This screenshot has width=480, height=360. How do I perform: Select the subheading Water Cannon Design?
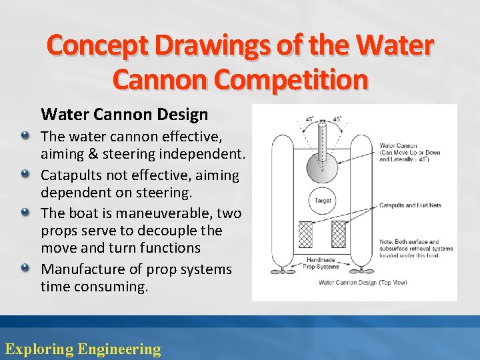(125, 115)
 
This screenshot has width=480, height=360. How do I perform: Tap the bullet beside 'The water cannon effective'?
(25, 136)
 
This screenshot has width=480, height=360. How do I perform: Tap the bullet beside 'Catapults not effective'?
(25, 175)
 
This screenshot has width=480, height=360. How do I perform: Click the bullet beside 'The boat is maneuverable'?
(25, 213)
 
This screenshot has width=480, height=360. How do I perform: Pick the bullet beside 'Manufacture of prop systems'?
(25, 269)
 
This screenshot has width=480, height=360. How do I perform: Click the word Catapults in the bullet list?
(72, 175)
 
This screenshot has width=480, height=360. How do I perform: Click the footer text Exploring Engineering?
(83, 349)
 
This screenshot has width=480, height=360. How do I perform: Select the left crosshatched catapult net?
(306, 234)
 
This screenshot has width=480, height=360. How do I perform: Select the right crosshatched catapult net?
(339, 234)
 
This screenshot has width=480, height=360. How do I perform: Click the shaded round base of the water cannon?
(322, 163)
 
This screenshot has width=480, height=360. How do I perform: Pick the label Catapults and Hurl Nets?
(410, 205)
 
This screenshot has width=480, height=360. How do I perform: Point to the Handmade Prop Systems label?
(321, 264)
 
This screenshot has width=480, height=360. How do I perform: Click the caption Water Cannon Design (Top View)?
(363, 283)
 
